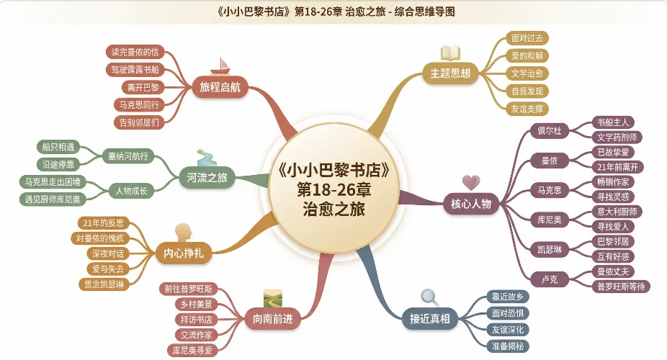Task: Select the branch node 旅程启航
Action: coord(220,88)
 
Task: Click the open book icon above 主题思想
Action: coord(450,53)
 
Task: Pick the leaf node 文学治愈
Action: coord(527,73)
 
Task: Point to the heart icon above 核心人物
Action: coord(470,182)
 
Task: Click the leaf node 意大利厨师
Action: coord(616,211)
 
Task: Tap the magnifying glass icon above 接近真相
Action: coord(430,296)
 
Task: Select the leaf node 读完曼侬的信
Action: coord(134,52)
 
